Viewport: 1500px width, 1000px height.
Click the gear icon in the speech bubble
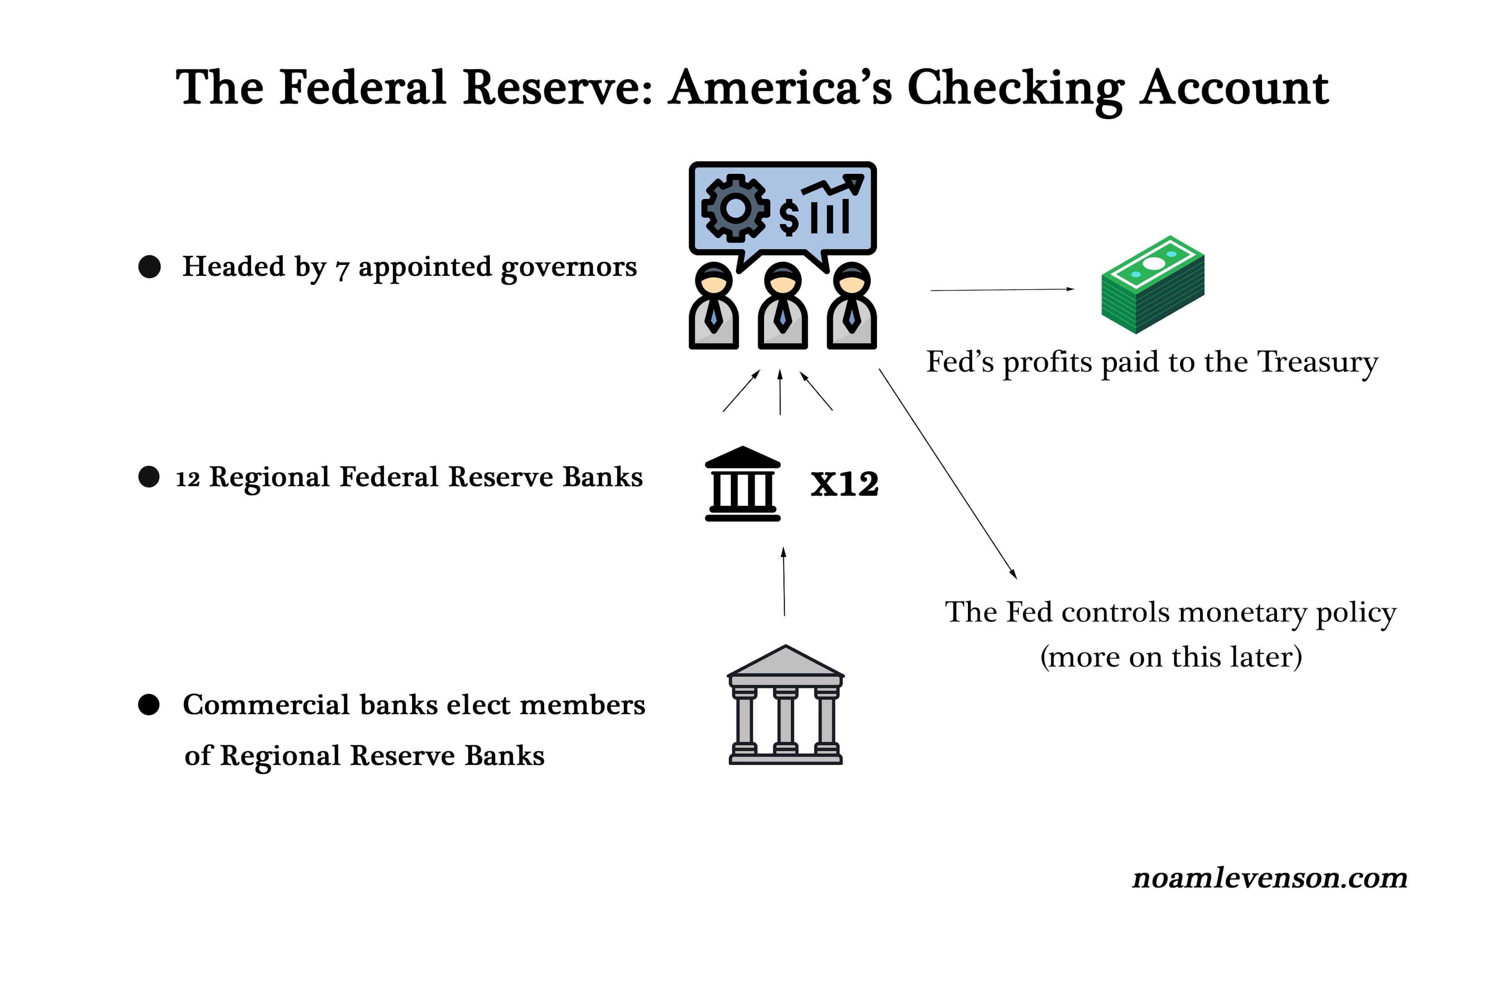735,208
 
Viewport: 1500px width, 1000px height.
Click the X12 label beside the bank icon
845,484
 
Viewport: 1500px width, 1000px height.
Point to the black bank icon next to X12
742,484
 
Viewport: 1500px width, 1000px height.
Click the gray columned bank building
786,705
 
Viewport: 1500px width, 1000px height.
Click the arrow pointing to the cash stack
1003,289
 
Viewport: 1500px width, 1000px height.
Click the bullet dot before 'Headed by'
149,266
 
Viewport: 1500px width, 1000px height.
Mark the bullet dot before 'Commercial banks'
148,705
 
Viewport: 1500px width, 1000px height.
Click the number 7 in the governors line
343,270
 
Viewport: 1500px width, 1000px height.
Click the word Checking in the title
1015,89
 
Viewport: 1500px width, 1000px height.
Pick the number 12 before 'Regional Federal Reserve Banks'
187,479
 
